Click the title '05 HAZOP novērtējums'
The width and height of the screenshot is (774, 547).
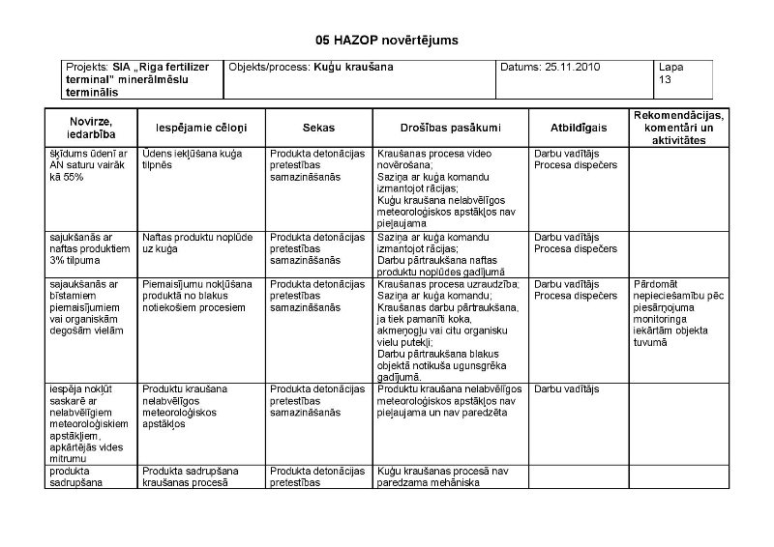pyautogui.click(x=386, y=40)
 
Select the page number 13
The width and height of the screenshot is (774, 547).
pyautogui.click(x=665, y=80)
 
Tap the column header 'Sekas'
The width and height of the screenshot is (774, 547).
pyautogui.click(x=318, y=127)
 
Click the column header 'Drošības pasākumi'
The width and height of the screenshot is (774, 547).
pyautogui.click(x=450, y=127)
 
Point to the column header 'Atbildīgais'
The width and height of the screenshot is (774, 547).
pyautogui.click(x=579, y=127)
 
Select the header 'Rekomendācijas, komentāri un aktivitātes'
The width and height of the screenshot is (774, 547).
pyautogui.click(x=677, y=127)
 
